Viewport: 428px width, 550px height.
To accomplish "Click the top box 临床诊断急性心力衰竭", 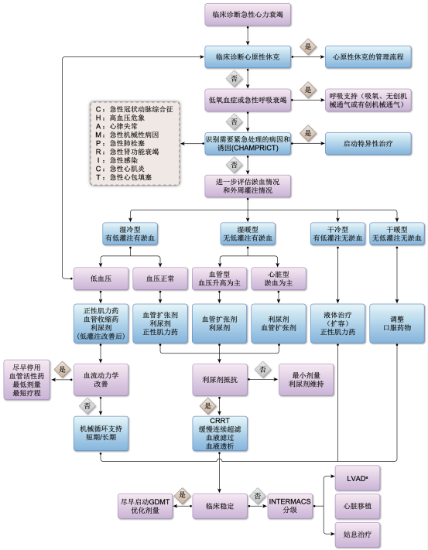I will [236, 15].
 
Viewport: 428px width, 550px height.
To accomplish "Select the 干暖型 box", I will [397, 234].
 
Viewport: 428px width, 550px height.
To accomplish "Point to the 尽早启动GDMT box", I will [145, 506].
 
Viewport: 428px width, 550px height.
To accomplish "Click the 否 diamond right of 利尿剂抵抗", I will [262, 367].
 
